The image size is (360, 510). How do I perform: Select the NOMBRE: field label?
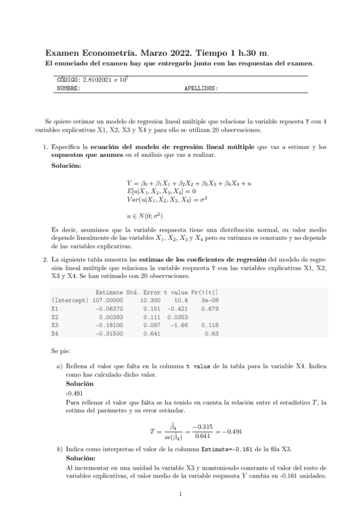[x=68, y=88]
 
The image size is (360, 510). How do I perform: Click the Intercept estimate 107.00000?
[x=108, y=300]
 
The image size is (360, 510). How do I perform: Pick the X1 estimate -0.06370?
[x=110, y=309]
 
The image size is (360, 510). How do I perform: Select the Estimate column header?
[x=110, y=292]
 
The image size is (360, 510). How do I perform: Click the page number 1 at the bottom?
[x=180, y=495]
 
